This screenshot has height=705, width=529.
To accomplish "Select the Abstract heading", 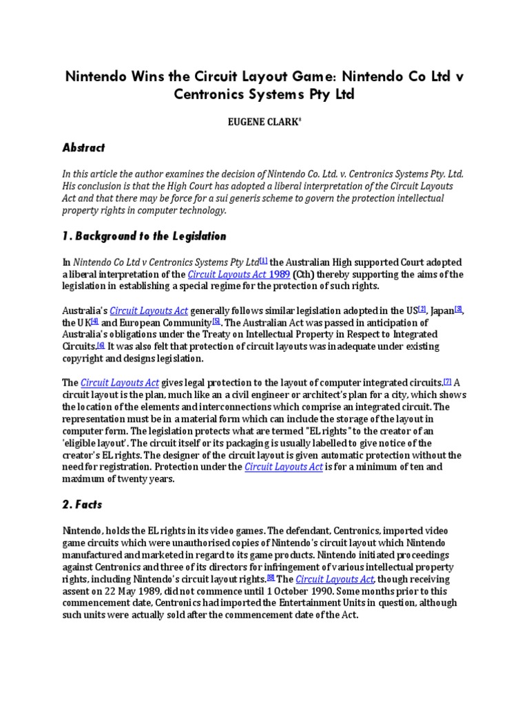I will (x=85, y=147).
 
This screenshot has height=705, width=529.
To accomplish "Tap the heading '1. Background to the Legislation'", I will (x=145, y=236).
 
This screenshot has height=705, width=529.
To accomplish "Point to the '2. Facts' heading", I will (x=82, y=504).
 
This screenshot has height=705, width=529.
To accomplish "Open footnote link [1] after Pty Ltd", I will (x=263, y=261).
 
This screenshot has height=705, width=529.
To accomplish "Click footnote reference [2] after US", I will (x=422, y=309).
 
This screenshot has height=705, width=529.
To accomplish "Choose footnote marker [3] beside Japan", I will (x=458, y=309).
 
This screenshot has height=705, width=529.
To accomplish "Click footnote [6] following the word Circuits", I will (x=100, y=345).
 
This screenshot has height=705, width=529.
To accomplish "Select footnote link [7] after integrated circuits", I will (x=447, y=381).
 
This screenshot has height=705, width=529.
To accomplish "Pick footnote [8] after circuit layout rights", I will (x=271, y=578).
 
